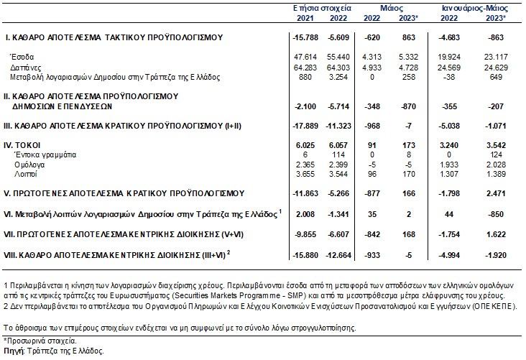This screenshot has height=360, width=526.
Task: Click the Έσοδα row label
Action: [x=22, y=57]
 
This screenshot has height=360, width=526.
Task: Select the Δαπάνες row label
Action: [x=25, y=68]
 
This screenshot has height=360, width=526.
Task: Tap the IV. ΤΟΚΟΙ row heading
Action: [x=22, y=145]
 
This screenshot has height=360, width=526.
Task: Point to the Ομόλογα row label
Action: [x=29, y=165]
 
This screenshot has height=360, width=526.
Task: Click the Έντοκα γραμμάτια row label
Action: [x=45, y=154]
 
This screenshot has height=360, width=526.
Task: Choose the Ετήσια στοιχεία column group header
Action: [x=322, y=8]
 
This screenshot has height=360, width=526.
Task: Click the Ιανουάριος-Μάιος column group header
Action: [x=475, y=8]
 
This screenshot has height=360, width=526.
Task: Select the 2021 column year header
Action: [x=305, y=18]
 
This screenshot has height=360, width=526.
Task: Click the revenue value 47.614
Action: [x=305, y=57]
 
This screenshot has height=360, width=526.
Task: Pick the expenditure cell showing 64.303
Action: [x=338, y=68]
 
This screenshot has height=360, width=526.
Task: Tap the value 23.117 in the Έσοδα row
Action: [x=496, y=57]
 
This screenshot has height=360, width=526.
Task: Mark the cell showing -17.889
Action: [x=305, y=126]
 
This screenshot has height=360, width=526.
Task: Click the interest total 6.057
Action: [x=338, y=145]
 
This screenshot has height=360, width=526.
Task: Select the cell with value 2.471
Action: [x=496, y=193]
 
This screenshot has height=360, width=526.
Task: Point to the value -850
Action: [x=496, y=214]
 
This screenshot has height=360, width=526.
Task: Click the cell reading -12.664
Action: [x=338, y=255]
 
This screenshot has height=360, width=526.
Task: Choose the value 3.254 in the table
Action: [x=338, y=77]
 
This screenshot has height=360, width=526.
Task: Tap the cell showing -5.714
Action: [x=338, y=106]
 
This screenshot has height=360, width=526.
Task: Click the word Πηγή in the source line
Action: [x=14, y=351]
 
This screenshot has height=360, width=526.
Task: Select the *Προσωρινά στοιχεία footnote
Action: [x=40, y=341]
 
